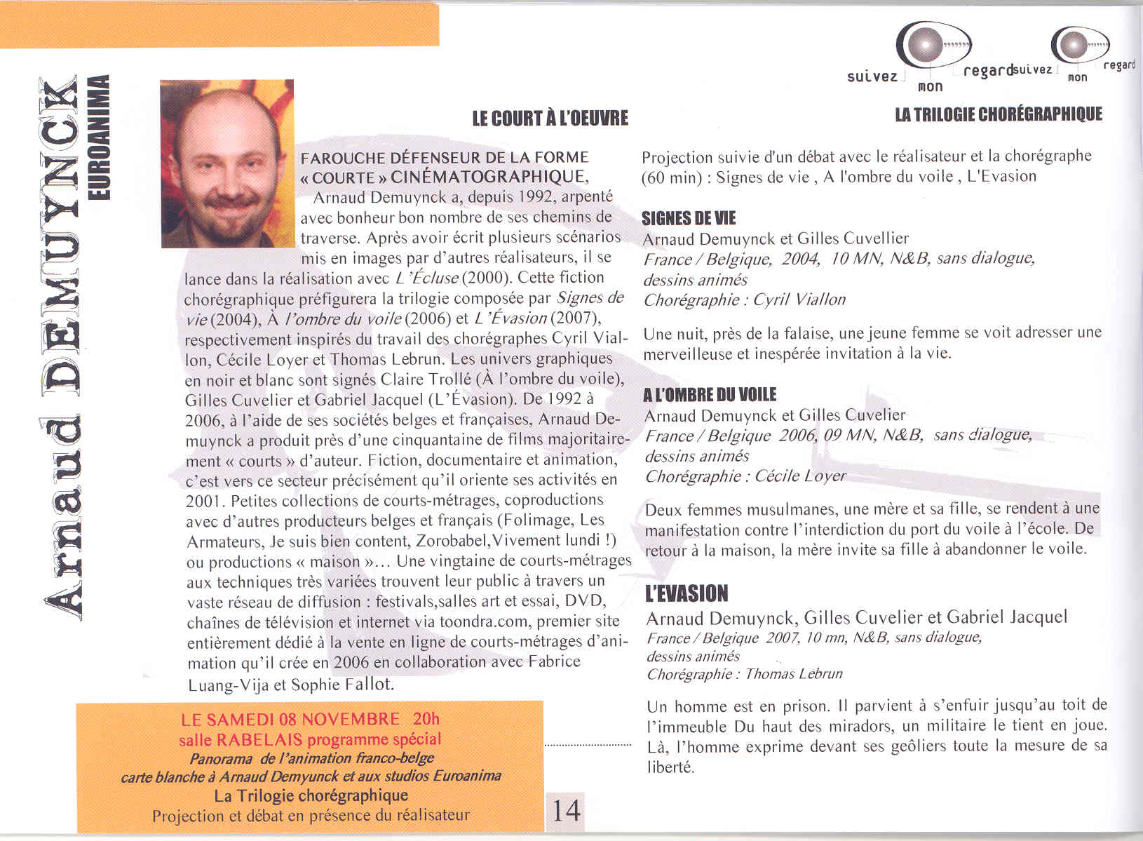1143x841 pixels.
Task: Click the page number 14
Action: tap(566, 810)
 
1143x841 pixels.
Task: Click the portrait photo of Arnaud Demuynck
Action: tap(227, 163)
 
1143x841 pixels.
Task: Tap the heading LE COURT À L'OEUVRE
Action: tap(550, 119)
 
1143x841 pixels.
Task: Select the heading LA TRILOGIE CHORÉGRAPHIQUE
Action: tap(999, 114)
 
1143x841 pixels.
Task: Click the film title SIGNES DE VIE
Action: tap(689, 218)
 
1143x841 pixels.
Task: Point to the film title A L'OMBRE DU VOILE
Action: tap(710, 395)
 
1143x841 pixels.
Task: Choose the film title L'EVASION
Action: tap(687, 593)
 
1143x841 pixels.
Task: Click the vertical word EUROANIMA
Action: tap(101, 136)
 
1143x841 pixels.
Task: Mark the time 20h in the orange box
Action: tap(426, 719)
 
